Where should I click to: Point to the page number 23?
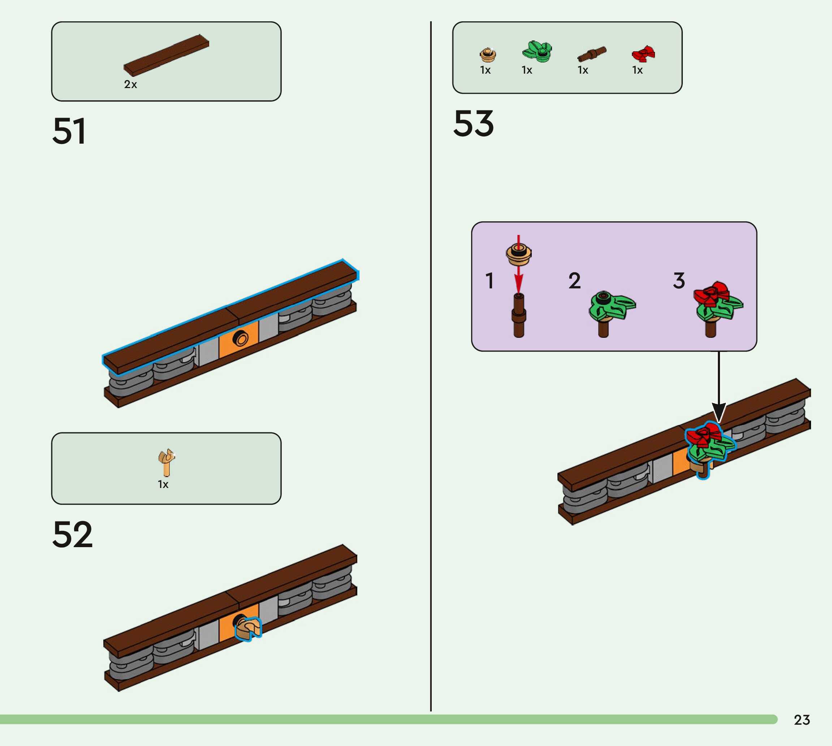[802, 720]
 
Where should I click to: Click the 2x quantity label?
[130, 84]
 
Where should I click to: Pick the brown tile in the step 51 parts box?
[166, 55]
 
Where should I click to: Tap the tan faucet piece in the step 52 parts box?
[167, 462]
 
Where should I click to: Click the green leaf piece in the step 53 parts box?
[537, 52]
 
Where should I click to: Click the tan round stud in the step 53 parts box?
[487, 54]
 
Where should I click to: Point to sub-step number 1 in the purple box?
[490, 281]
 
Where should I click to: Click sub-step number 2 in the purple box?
[574, 281]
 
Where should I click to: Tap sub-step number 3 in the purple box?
[679, 281]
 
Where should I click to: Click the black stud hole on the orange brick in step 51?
[240, 339]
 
